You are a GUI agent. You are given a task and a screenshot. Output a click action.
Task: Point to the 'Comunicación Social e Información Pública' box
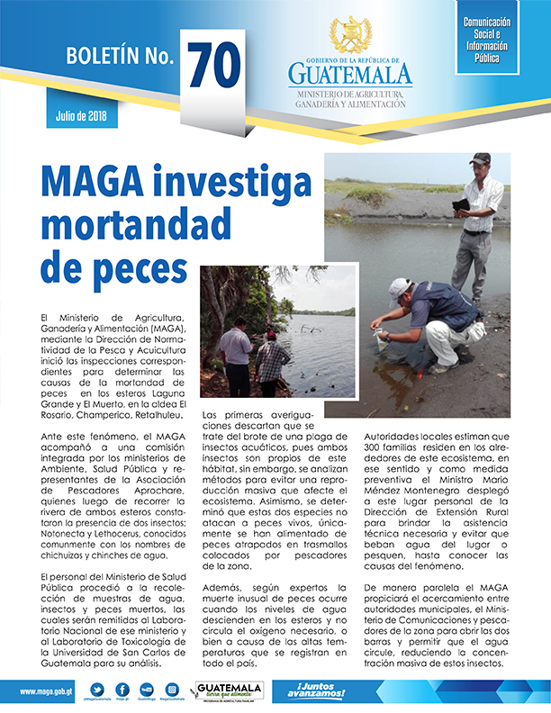(x=486, y=40)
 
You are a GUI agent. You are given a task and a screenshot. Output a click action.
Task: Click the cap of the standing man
(x=480, y=159)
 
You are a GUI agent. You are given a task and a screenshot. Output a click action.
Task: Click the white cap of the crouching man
(x=398, y=288)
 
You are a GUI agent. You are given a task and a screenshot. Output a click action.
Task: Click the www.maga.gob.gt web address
(x=46, y=691)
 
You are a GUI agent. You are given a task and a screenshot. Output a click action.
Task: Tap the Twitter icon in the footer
(x=97, y=689)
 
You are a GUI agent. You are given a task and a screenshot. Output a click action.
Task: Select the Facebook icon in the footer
(x=122, y=689)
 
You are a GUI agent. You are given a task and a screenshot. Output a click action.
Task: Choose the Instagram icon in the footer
(x=172, y=689)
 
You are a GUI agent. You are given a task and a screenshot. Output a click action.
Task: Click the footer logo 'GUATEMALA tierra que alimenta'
(x=229, y=690)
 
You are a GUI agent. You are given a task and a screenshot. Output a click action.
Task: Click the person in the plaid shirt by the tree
(x=272, y=361)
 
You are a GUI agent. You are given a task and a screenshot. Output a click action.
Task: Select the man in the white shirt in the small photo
(x=236, y=356)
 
